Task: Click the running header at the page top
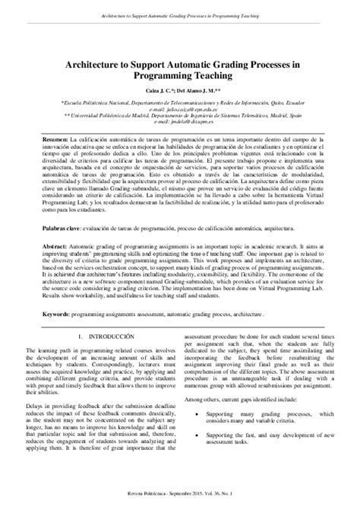pos(180,13)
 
